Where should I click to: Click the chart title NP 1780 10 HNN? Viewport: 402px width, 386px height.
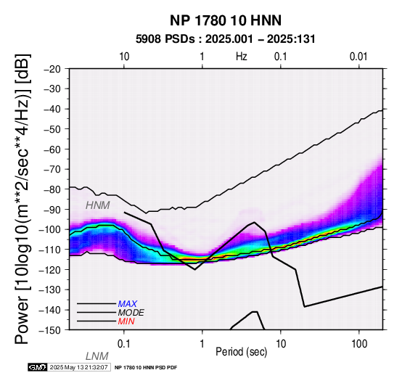[226, 20]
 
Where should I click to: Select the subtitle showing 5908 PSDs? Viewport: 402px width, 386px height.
[226, 39]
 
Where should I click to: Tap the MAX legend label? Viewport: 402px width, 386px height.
[128, 304]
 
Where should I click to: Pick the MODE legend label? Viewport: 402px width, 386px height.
[131, 313]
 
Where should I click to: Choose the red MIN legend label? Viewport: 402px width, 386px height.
[126, 321]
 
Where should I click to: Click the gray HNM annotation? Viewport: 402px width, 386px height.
[98, 205]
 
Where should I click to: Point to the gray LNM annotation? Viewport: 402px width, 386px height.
[97, 356]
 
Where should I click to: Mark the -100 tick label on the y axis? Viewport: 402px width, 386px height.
[50, 229]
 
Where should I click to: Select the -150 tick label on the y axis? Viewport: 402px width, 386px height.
[50, 330]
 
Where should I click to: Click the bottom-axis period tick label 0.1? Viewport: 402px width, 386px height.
[124, 344]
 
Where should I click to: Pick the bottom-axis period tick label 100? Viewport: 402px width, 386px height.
[359, 344]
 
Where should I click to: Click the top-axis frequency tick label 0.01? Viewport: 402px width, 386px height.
[358, 57]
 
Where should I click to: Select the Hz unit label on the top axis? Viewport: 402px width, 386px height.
[241, 57]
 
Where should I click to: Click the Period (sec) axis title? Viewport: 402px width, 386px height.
[241, 352]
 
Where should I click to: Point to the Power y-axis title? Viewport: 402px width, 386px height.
[22, 199]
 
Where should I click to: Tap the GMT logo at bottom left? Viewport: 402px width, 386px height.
[38, 367]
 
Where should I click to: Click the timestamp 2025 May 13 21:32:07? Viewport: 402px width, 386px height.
[78, 367]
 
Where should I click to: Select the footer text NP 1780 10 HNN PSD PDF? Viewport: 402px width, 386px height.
[146, 368]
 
